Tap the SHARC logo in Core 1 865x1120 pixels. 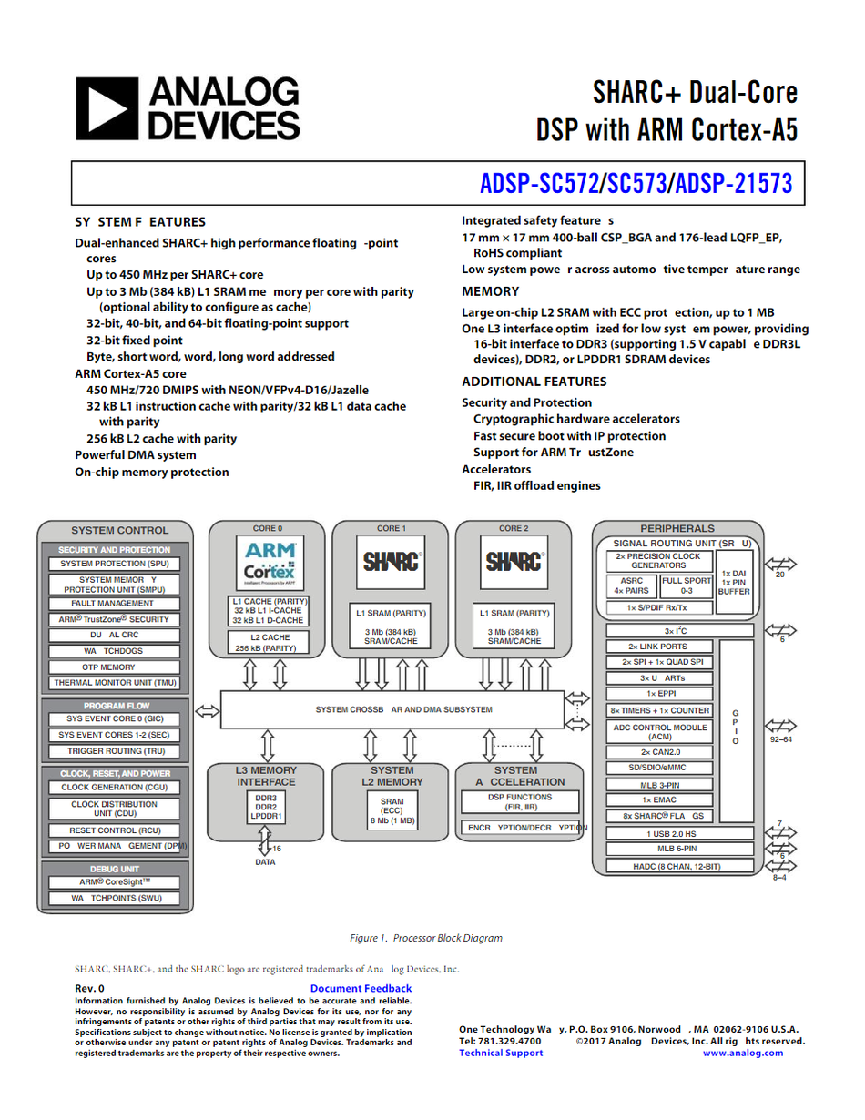[392, 561]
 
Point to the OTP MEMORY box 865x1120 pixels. [115, 667]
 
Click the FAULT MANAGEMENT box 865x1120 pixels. [115, 604]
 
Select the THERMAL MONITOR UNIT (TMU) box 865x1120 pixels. [115, 683]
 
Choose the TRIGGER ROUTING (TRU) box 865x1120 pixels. [115, 751]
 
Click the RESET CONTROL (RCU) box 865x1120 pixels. [115, 830]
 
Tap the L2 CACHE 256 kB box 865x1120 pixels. [268, 643]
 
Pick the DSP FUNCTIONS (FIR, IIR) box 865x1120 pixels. [520, 802]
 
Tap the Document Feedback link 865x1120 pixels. [361, 989]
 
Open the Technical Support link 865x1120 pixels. [501, 1054]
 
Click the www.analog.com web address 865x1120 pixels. [743, 1054]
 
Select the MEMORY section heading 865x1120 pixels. [490, 291]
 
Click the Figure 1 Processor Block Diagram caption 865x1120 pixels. [426, 938]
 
